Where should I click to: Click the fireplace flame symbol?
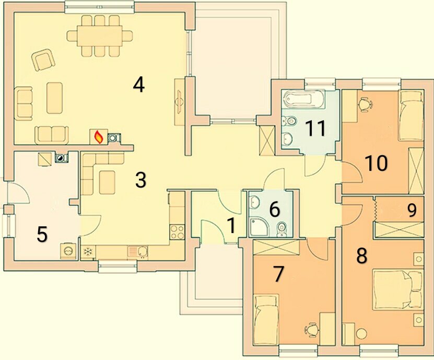(x=98, y=137)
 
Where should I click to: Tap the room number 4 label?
(x=139, y=85)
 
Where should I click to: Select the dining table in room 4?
(x=99, y=36)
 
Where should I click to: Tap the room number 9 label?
(x=412, y=211)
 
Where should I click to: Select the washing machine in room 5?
(x=68, y=251)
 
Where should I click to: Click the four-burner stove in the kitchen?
(x=177, y=232)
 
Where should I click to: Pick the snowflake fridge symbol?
(x=88, y=252)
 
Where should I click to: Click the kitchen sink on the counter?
(x=137, y=252)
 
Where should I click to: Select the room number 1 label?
(x=231, y=225)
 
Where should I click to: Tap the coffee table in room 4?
(x=54, y=98)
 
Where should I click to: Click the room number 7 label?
(x=278, y=274)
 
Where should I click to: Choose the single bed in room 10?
(x=410, y=116)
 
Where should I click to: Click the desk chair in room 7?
(x=311, y=330)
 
